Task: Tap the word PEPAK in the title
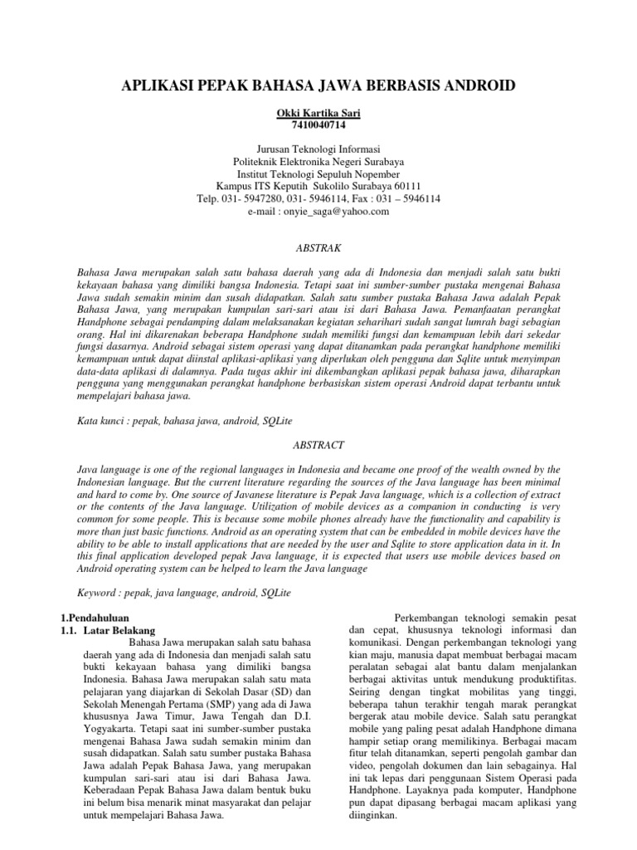[221, 85]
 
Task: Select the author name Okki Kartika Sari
[318, 114]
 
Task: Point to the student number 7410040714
[318, 125]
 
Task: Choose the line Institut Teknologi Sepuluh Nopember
[318, 174]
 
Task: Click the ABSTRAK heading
[318, 248]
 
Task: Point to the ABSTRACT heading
[318, 445]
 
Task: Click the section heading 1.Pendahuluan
[97, 618]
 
